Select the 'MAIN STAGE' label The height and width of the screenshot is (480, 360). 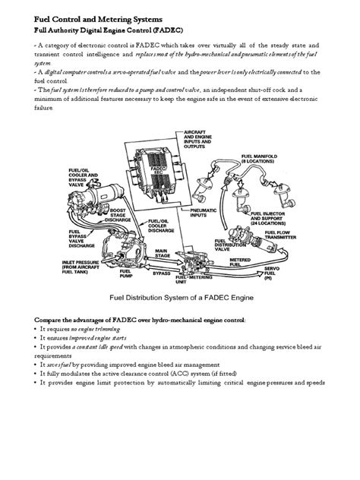click(164, 253)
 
